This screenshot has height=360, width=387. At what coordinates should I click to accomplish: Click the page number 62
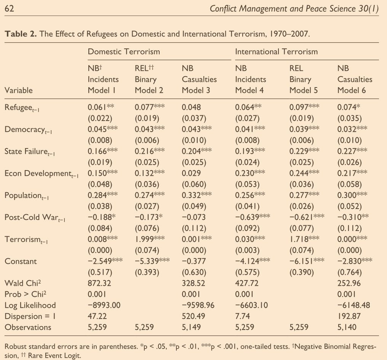pos(9,8)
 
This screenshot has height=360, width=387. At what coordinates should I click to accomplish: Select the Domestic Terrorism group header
pos(124,51)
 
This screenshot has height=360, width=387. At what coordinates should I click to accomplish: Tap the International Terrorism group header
pos(276,51)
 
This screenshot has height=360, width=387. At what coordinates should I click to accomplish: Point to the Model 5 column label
pos(304,90)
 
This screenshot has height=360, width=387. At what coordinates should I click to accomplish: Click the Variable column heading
pos(19,90)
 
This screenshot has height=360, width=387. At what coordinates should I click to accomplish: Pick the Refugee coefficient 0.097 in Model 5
pos(299,107)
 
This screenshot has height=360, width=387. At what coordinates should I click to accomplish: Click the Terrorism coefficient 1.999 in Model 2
pos(144,239)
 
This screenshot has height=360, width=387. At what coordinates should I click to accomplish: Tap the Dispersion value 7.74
pos(241,316)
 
